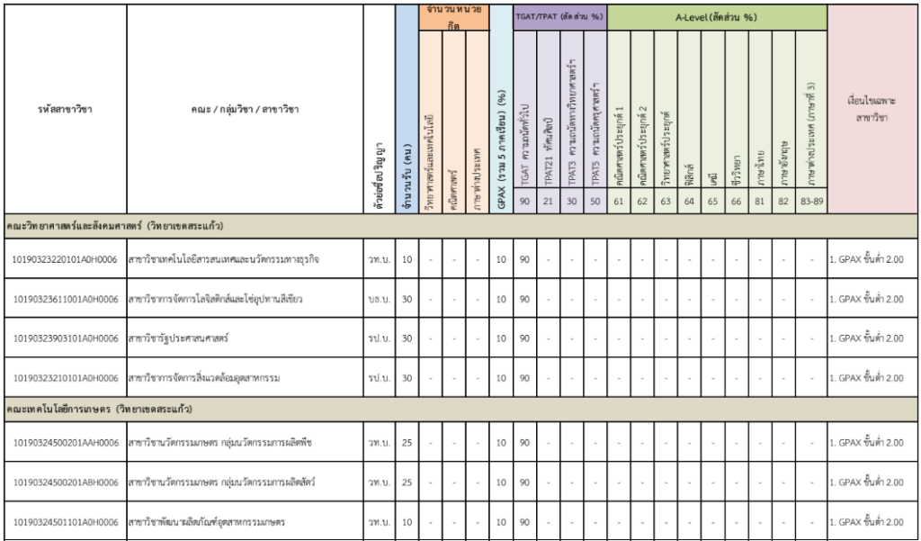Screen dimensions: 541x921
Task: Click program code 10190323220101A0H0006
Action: (x=65, y=260)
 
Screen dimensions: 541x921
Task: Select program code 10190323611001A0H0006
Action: (x=65, y=299)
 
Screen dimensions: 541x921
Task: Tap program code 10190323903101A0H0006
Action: (x=65, y=338)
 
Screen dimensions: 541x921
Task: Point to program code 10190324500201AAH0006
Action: (x=65, y=443)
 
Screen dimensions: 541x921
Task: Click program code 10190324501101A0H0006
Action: (x=65, y=522)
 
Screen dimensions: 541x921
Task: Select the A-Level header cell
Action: (x=717, y=17)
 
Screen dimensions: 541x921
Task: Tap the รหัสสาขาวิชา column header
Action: (x=65, y=110)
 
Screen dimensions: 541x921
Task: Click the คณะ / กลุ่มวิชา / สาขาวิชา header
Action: (x=245, y=110)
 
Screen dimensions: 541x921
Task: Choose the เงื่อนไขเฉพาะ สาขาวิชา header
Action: (x=873, y=110)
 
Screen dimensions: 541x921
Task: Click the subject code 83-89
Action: (x=810, y=202)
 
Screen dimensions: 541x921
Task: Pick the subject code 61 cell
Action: (x=619, y=202)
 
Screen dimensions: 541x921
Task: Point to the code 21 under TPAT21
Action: (x=549, y=202)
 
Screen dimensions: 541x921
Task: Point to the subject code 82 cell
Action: (x=783, y=202)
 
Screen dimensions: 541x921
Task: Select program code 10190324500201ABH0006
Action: (x=65, y=482)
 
